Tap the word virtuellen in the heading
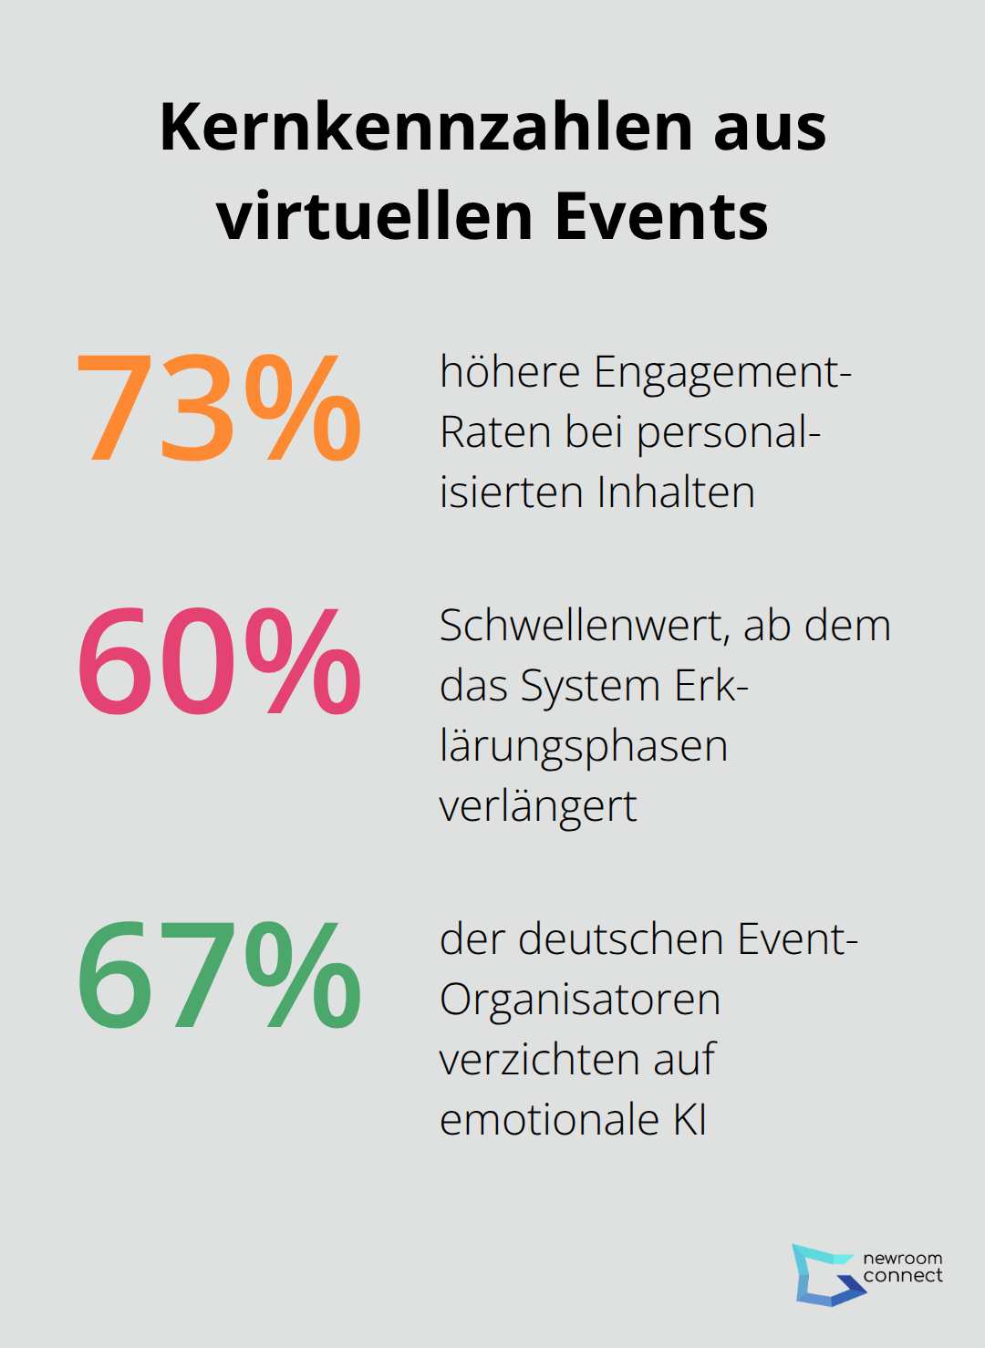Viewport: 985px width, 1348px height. pos(374,216)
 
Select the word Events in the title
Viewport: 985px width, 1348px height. pos(661,216)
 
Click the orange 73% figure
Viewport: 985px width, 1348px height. pos(219,408)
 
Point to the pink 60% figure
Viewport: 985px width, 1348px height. pos(219,661)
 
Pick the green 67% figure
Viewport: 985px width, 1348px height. pos(219,975)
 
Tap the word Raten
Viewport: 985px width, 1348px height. pos(495,432)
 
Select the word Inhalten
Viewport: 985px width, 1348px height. pos(676,493)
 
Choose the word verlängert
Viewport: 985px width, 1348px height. pos(537,806)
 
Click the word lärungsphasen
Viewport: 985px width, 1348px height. pos(583,747)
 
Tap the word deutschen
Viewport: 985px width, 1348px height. pos(622,939)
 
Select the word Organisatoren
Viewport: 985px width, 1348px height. pos(580,1000)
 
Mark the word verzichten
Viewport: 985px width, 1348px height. pos(539,1060)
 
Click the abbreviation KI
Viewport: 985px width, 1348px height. pos(690,1120)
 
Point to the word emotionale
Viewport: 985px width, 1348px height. pos(549,1120)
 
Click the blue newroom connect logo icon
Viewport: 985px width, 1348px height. pos(825,1274)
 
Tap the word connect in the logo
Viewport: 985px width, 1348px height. pos(903,1276)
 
